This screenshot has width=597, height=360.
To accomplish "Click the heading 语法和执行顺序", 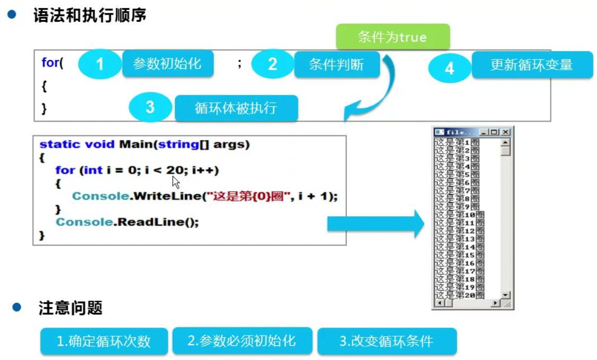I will (89, 15).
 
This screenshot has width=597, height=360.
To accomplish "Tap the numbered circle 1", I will (100, 65).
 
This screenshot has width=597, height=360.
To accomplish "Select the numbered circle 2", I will (272, 64).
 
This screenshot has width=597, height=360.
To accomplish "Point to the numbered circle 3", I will (150, 107).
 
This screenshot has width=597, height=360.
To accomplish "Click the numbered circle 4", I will (449, 68).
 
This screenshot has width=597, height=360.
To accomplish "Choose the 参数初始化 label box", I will (167, 64).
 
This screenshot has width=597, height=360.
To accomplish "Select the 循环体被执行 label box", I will (236, 108).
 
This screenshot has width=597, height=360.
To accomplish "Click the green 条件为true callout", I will (392, 37).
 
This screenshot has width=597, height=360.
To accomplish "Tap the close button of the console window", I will (505, 132).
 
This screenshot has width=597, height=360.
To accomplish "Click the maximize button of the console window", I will (494, 132).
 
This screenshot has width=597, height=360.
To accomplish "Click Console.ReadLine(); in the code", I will (127, 221).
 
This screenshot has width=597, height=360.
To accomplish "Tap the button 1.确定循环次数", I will (104, 341).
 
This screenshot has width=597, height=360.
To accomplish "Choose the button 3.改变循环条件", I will (387, 341).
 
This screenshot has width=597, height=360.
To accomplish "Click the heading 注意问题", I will (70, 308).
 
